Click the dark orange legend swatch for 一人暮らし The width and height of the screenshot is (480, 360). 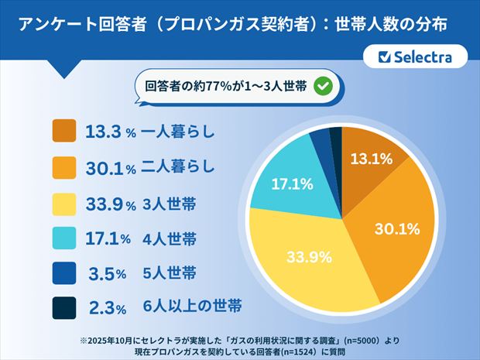[63, 131]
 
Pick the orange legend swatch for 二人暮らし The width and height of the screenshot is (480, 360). [63, 166]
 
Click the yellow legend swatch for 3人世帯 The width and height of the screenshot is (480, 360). [63, 202]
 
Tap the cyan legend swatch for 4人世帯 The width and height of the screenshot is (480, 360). [63, 238]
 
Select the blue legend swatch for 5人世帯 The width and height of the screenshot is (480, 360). [63, 273]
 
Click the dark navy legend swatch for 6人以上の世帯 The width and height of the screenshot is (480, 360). [63, 307]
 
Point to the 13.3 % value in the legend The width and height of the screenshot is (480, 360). [108, 132]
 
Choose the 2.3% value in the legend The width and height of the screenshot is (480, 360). [109, 308]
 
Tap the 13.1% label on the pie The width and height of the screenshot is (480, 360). [370, 160]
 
